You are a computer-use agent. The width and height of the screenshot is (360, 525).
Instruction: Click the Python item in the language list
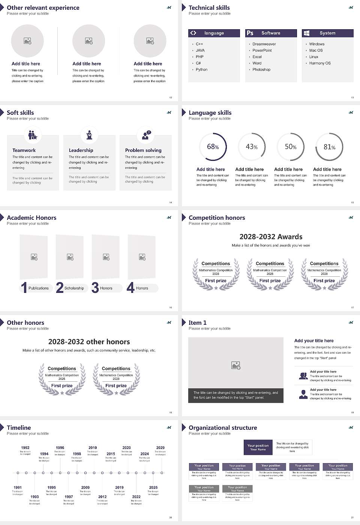[201, 70]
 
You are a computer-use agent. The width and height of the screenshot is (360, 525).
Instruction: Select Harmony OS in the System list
[320, 63]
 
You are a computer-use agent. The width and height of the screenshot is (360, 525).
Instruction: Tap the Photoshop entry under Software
[261, 70]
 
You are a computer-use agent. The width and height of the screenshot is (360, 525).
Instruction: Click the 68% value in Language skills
[213, 147]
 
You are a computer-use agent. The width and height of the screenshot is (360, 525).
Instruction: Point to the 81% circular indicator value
[329, 147]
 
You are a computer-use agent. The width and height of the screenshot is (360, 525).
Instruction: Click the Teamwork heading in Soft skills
[24, 150]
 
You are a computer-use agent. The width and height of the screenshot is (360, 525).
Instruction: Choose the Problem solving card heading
[143, 150]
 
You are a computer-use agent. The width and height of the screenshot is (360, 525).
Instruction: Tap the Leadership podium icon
[89, 135]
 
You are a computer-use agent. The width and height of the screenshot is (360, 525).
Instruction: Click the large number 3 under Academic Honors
[95, 288]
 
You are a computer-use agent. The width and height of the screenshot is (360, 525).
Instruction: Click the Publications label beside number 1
[39, 288]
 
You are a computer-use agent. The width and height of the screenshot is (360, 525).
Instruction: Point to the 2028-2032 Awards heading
[271, 237]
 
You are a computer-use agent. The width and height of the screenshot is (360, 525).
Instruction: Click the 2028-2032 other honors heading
[89, 342]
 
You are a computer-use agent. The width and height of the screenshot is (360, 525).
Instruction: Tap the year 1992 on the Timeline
[25, 448]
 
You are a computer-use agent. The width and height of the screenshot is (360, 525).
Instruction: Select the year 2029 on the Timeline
[160, 448]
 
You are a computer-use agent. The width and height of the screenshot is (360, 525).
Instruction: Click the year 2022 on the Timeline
[136, 497]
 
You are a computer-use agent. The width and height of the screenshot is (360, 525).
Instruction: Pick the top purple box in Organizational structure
[258, 447]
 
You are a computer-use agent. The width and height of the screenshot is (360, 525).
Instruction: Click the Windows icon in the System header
[306, 33]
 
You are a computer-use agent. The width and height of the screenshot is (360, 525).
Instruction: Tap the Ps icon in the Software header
[250, 33]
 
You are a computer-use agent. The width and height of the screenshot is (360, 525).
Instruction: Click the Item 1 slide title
[197, 323]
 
